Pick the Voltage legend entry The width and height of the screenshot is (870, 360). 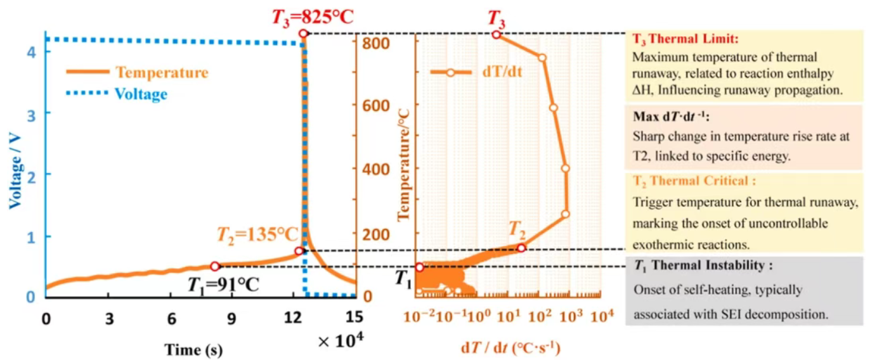[141, 94]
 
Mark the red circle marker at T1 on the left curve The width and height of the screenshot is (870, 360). [215, 267]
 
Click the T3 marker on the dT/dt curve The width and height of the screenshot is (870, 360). [497, 34]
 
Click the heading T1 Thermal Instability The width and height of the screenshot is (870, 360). [703, 266]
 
